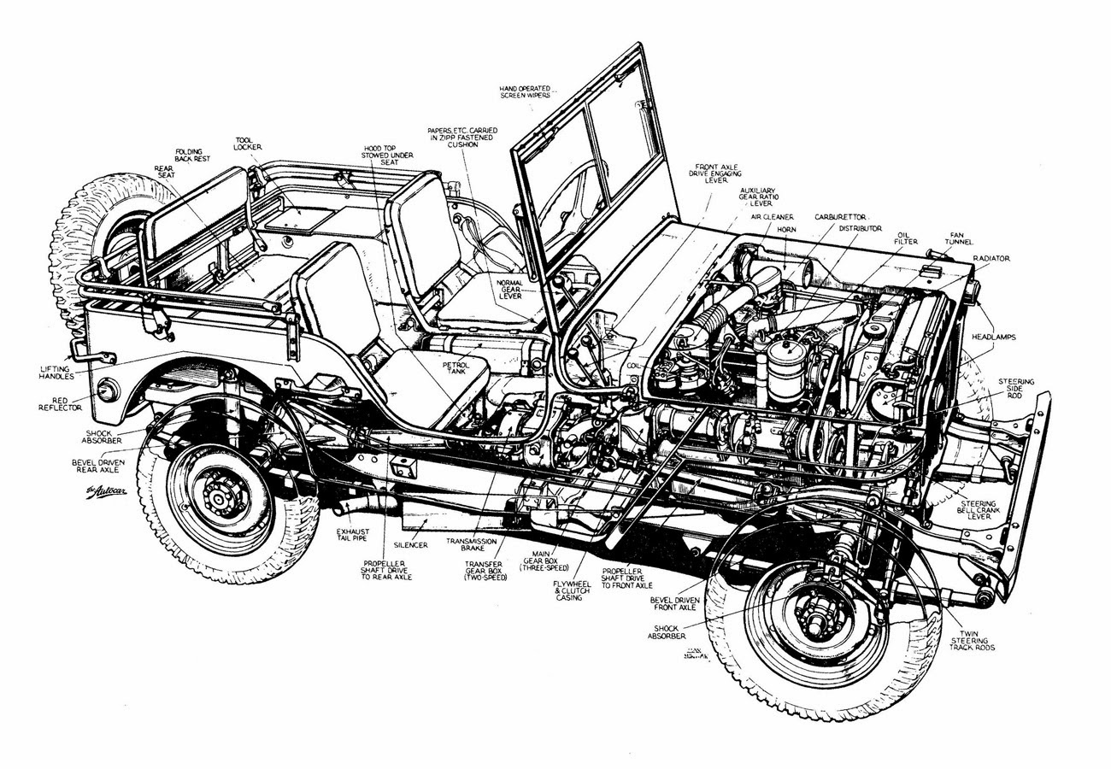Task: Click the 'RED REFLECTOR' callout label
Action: [60, 403]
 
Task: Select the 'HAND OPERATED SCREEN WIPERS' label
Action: [526, 91]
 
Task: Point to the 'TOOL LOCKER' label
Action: [248, 144]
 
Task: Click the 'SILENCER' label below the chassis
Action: [410, 544]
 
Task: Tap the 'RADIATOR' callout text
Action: [990, 258]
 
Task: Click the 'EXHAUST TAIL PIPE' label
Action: [352, 536]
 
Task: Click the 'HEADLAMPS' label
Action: [993, 338]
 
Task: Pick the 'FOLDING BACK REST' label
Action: [190, 156]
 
